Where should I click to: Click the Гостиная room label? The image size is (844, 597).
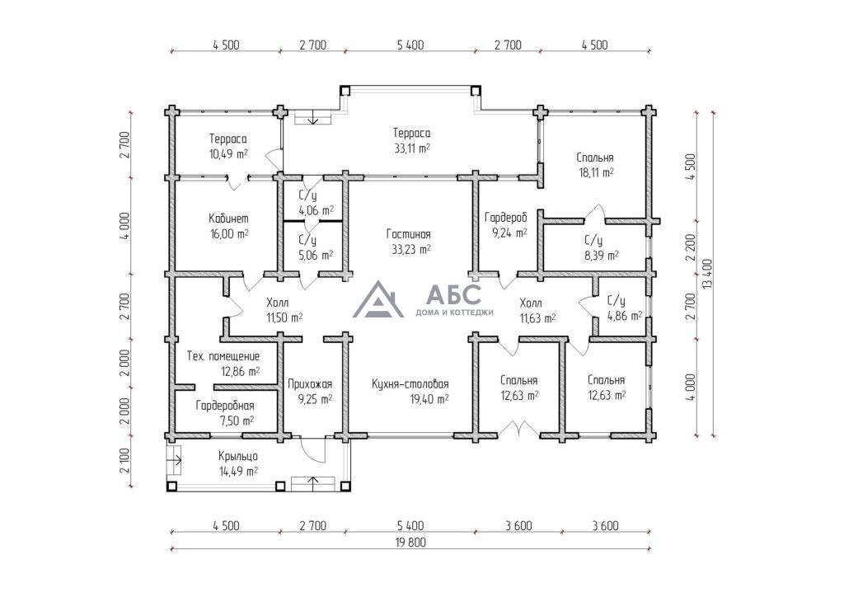point(409,234)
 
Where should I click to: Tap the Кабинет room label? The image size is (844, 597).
point(229,219)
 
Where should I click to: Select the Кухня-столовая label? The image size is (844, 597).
point(410,383)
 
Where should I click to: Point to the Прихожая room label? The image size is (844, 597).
point(310,384)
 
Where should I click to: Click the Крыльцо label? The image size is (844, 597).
point(238,457)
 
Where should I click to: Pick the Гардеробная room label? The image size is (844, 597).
point(225,406)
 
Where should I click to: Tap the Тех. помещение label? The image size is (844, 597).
point(223,356)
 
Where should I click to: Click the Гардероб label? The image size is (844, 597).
point(506,218)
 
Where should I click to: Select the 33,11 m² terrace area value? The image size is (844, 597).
point(412,148)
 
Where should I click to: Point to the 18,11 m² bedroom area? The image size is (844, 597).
point(595,173)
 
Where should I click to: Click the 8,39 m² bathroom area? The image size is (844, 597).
point(601,256)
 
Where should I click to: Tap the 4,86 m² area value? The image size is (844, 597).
point(625,317)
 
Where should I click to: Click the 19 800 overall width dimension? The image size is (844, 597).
point(410,543)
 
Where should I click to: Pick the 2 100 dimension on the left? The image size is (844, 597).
point(125,461)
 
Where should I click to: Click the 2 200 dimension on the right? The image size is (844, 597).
point(691,247)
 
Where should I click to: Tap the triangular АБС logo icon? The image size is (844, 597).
point(378,299)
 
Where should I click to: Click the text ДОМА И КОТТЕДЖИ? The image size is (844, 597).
point(454,313)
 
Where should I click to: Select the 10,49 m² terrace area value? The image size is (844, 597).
point(228,154)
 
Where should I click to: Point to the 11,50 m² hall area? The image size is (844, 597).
point(284,318)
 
